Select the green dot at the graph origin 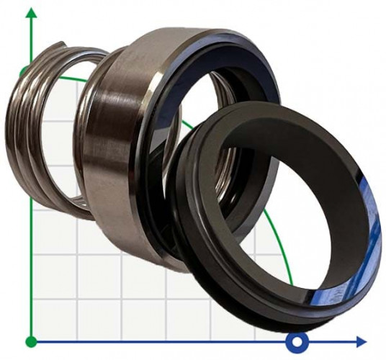coord(30,341)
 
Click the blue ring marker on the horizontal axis coord(296,341)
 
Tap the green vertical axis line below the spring coord(31,274)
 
